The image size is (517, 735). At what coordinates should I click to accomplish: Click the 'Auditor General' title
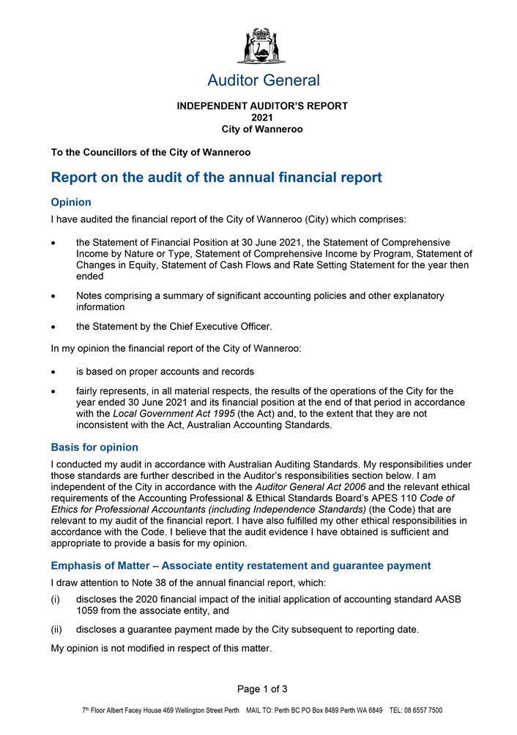point(263,80)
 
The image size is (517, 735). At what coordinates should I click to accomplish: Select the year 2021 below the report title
point(262,118)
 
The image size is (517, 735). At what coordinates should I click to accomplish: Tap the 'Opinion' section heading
point(71,202)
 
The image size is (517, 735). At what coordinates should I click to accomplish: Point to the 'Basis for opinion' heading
point(94,447)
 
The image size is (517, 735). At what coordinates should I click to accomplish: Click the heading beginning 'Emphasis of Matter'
point(240,565)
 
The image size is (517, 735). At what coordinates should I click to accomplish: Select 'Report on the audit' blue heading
point(216,177)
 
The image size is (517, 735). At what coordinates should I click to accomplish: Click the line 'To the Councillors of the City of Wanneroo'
point(151,153)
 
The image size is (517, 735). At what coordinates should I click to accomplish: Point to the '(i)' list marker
point(56,599)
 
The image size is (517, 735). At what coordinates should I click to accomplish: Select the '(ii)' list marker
point(56,629)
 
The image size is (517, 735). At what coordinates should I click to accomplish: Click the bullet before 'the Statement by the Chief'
point(53,326)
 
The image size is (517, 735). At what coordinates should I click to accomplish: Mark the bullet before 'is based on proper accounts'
point(53,372)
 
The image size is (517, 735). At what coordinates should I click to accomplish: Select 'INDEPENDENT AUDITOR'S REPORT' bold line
point(262,106)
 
